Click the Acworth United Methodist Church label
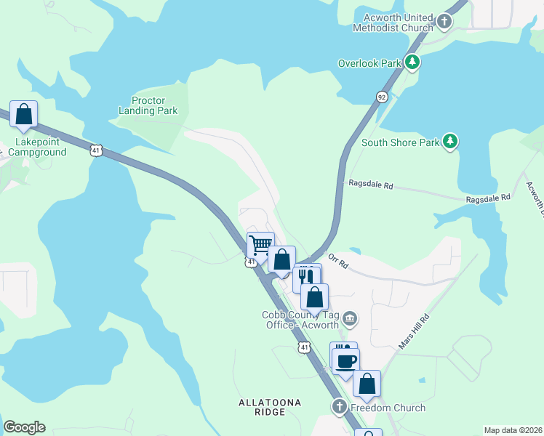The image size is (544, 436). tap(393, 23)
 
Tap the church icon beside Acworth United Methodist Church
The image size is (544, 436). tap(445, 23)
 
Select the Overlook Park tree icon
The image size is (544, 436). tap(412, 62)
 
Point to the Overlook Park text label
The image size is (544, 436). tap(369, 63)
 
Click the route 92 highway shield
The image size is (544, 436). tap(382, 97)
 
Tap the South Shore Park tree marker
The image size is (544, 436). tap(450, 142)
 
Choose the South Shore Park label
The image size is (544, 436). tap(401, 142)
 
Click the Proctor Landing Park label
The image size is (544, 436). tap(148, 105)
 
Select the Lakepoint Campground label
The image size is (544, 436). tap(38, 148)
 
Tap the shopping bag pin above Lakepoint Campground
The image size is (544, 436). tap(23, 115)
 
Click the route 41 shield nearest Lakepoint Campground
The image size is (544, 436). tap(96, 150)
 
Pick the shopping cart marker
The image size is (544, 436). tap(260, 245)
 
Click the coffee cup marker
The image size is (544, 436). tap(346, 360)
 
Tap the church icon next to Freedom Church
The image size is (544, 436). tap(339, 407)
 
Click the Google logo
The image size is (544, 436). tap(24, 427)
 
